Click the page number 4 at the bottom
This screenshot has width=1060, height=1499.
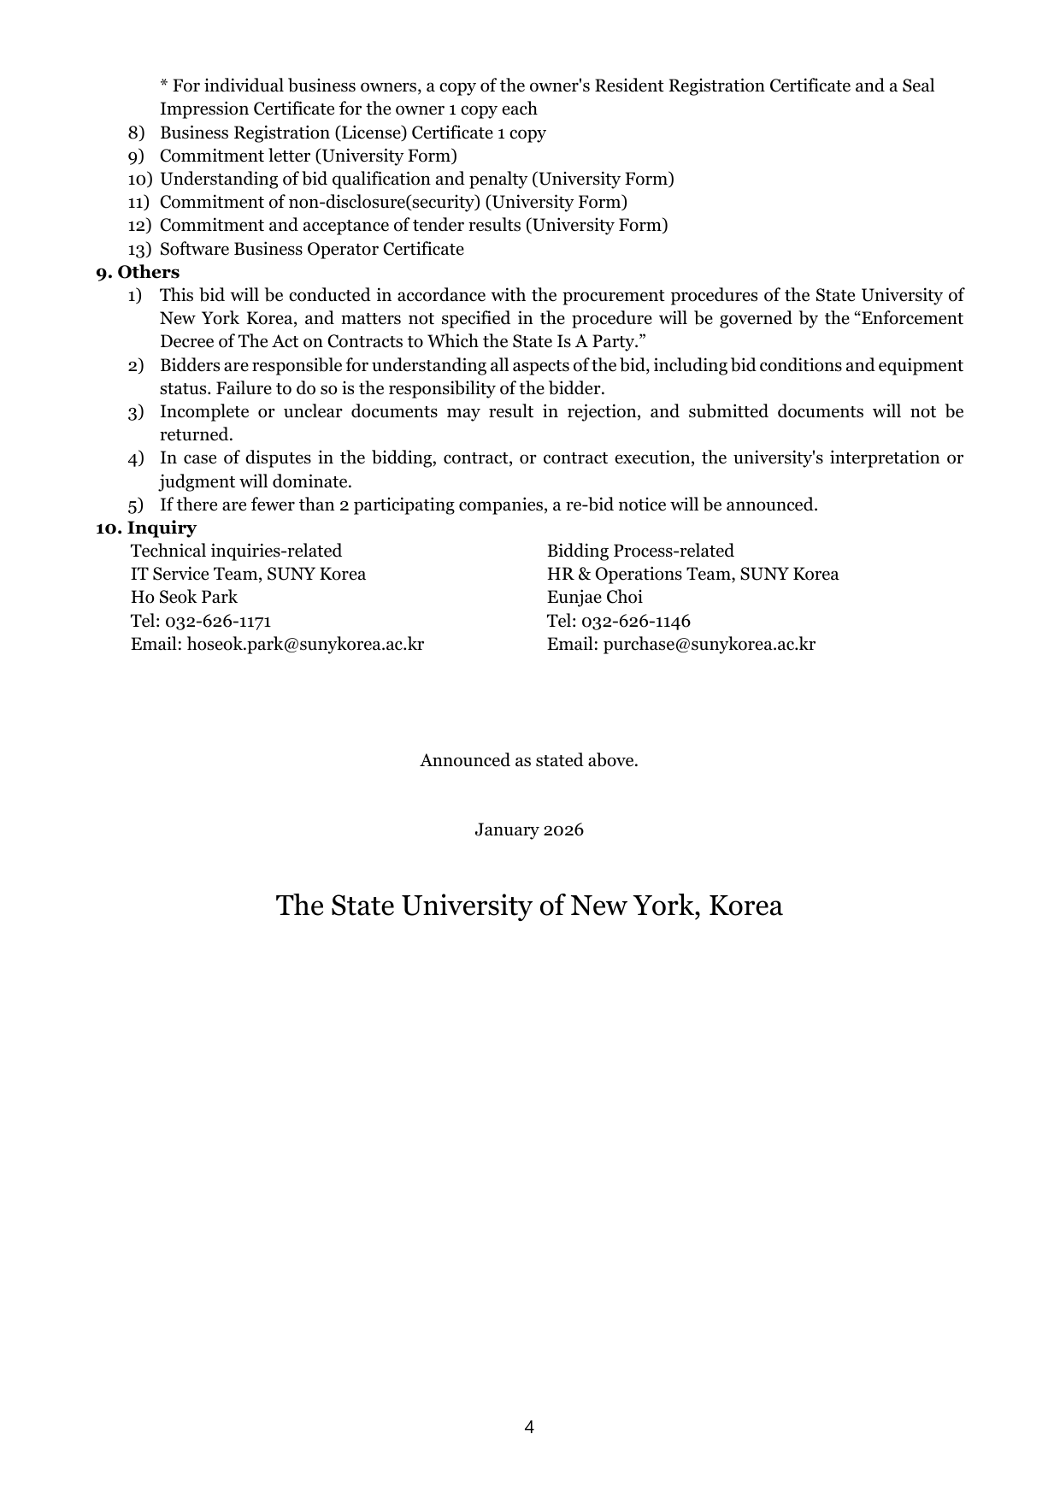click(529, 1426)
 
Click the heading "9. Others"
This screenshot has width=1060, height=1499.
click(138, 272)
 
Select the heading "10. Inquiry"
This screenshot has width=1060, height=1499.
click(146, 528)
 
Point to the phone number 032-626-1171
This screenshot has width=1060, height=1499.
click(218, 621)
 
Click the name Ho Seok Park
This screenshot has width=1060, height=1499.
click(184, 597)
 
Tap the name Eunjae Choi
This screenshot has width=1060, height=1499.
click(594, 597)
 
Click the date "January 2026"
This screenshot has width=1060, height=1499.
click(529, 829)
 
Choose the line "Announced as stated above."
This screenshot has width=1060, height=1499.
click(529, 760)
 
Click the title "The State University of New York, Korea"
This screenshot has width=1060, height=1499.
click(529, 906)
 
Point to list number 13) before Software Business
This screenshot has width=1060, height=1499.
click(139, 249)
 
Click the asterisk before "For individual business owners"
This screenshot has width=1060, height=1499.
click(164, 86)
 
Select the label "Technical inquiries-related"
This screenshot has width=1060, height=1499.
click(236, 551)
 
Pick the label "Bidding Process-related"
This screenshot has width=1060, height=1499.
click(640, 551)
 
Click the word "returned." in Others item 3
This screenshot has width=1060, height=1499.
click(197, 434)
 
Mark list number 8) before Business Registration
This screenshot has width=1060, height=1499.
click(137, 133)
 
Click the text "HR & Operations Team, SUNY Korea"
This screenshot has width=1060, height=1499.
click(692, 574)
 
